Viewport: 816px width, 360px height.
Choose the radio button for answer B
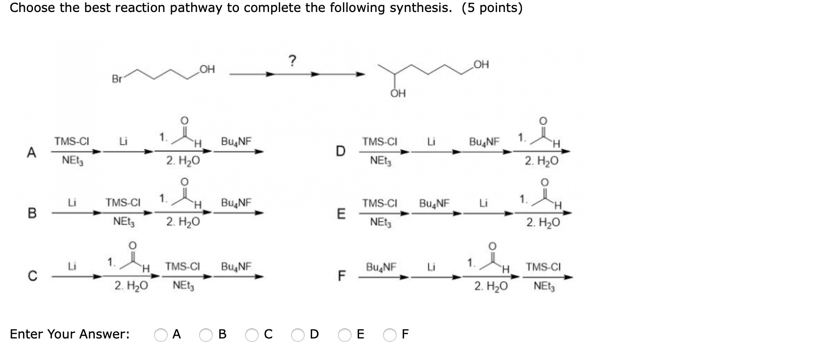coord(206,335)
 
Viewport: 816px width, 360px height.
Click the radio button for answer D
coord(298,335)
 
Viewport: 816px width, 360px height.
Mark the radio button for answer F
coord(390,335)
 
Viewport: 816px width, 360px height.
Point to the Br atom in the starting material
coord(117,79)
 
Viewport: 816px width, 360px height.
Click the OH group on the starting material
coord(207,69)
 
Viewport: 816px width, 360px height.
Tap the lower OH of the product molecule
coord(398,93)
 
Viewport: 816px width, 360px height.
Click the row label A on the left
coord(31,153)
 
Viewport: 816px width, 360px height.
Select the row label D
coord(340,152)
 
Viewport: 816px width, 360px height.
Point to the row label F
coord(341,276)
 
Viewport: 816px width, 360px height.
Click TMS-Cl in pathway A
coord(72,141)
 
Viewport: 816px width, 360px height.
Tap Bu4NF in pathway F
coord(381,266)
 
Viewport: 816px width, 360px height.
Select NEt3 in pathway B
coord(124,222)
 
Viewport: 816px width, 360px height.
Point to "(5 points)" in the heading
coord(492,8)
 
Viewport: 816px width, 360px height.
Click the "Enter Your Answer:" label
coord(69,334)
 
